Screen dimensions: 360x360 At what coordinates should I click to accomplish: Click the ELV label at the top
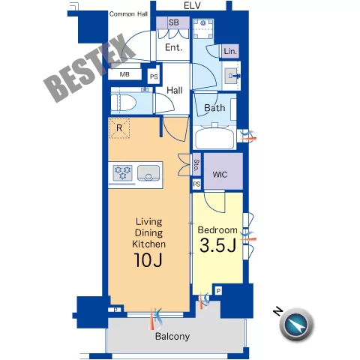pos(192,5)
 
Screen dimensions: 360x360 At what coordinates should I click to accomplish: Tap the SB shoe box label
pos(173,22)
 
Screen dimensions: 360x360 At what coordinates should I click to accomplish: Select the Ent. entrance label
pos(174,47)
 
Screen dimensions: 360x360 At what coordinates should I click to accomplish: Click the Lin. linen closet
pos(230,52)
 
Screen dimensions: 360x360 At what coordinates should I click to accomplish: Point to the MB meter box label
pos(124,74)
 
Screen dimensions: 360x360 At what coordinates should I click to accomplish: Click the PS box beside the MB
pos(154,76)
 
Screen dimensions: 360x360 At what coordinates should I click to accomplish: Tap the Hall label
pos(175,90)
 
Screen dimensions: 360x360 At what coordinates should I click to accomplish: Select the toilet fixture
pos(124,103)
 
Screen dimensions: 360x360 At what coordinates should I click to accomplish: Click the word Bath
pos(214,108)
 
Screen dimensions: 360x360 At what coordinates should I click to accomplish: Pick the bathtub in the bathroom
pos(215,137)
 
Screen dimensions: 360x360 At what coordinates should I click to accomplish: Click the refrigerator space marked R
pos(119,128)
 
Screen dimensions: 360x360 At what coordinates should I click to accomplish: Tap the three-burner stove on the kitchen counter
pos(122,172)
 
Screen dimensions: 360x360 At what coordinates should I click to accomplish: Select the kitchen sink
pos(148,172)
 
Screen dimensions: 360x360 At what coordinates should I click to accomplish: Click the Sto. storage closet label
pos(196,165)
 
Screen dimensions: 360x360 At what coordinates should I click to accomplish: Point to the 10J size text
pos(148,260)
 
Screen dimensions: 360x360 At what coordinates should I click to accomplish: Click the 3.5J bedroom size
pos(218,246)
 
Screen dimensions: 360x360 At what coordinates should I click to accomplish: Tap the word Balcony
pos(172,337)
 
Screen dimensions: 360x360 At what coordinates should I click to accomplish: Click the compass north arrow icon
pos(296,325)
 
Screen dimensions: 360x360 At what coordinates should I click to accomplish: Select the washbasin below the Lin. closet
pos(231,76)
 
